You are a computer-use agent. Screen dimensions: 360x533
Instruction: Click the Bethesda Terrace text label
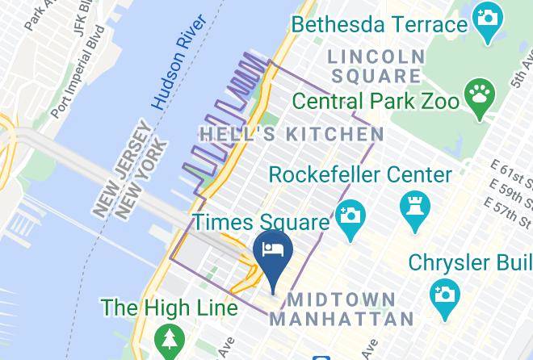click(380, 23)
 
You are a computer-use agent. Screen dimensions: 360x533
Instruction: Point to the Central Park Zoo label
click(376, 102)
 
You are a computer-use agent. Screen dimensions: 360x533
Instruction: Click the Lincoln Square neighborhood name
click(376, 65)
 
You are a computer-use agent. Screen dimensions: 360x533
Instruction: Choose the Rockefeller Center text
click(360, 174)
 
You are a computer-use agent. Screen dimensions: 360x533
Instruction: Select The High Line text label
click(169, 308)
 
